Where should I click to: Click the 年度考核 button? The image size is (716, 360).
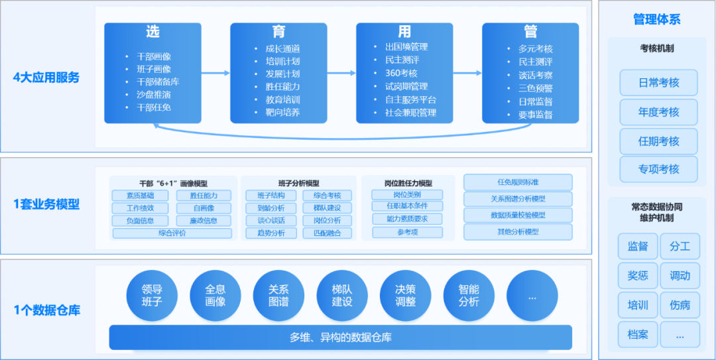click(658, 112)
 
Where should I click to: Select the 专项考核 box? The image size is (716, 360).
click(658, 169)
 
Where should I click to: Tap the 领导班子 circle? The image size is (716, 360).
click(152, 296)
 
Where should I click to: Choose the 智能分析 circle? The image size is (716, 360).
click(469, 296)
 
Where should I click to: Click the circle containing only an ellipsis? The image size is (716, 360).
click(532, 296)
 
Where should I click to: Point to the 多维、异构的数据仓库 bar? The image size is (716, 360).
click(341, 337)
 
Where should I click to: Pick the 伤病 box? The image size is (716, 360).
click(680, 305)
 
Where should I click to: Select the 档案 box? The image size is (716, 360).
click(638, 334)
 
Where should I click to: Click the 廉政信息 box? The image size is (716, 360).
click(204, 221)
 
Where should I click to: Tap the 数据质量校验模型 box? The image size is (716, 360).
click(518, 215)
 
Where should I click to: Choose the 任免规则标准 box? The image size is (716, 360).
click(518, 182)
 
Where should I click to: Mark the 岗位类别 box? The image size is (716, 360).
click(408, 195)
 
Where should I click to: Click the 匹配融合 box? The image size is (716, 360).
click(327, 233)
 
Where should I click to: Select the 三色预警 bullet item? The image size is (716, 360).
click(536, 88)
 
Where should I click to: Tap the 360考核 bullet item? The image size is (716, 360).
click(401, 73)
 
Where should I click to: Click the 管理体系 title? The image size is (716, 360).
click(656, 20)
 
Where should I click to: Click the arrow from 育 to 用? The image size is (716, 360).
click(341, 73)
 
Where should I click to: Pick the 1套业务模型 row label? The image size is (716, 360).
click(46, 204)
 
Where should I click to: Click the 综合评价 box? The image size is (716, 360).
click(172, 233)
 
